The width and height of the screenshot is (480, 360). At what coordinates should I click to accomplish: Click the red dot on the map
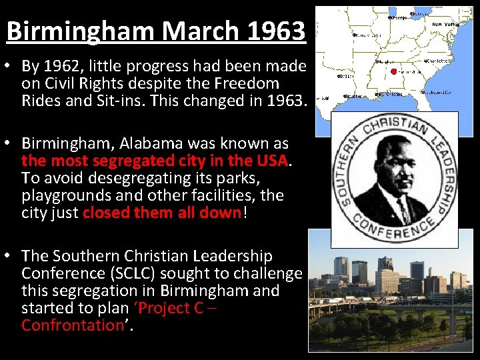point(394,71)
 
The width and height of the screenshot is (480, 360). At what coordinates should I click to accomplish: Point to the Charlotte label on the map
point(437,61)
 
